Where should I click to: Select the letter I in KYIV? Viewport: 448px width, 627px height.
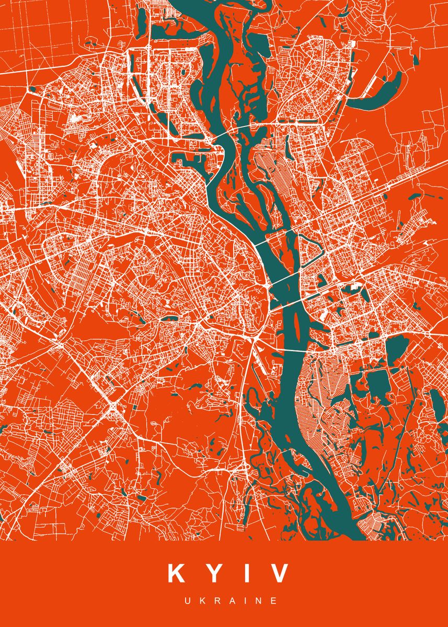coord(245,573)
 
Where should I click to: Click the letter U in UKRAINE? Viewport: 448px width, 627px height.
coord(187,601)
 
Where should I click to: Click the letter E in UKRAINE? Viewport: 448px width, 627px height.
coord(273,601)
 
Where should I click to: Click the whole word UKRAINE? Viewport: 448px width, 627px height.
coord(231,601)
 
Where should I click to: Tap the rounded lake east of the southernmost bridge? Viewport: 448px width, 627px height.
coord(398,348)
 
